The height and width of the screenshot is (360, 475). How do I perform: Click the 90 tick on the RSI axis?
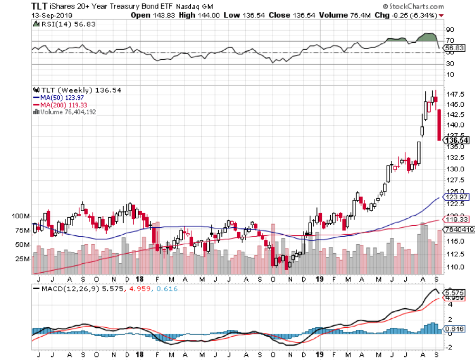[450, 30]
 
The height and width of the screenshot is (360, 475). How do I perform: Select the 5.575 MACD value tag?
[454, 292]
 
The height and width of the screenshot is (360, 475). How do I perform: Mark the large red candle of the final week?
[439, 125]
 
